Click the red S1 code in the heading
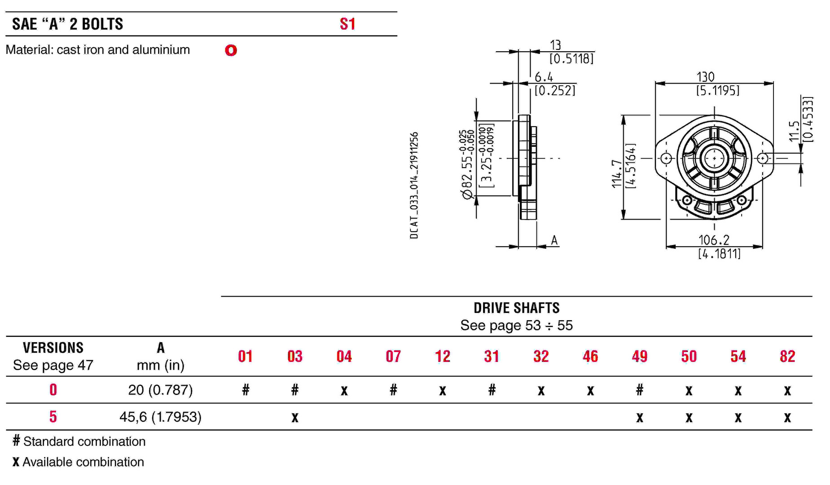click(347, 24)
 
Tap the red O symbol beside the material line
click(231, 50)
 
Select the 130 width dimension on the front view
click(706, 77)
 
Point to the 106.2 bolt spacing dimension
click(714, 240)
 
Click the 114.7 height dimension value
click(617, 173)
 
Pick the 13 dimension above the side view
click(556, 45)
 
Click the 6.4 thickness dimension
click(544, 77)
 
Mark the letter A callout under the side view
click(554, 241)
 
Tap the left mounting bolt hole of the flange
click(666, 158)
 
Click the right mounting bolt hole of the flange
click(763, 158)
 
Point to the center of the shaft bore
click(714, 158)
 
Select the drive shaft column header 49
click(640, 357)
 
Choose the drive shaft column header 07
click(393, 357)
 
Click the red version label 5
click(53, 417)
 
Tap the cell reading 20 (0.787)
click(160, 390)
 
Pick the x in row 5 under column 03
click(295, 418)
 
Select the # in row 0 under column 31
click(492, 390)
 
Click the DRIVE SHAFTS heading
click(517, 308)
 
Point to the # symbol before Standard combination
click(17, 441)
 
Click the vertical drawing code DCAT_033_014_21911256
click(414, 185)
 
